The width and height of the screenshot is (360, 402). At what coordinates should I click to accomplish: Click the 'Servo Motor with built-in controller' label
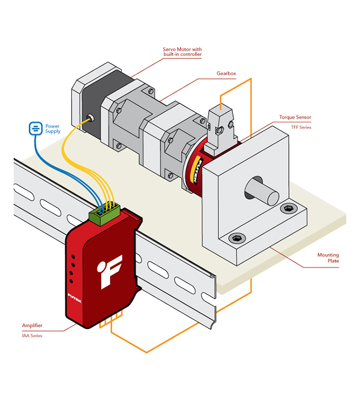182,51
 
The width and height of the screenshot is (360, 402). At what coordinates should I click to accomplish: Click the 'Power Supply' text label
53,129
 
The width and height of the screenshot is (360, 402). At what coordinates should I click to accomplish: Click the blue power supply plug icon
34,128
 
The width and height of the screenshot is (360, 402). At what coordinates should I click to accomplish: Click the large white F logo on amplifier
111,271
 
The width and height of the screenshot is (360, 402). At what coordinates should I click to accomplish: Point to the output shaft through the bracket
260,191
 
